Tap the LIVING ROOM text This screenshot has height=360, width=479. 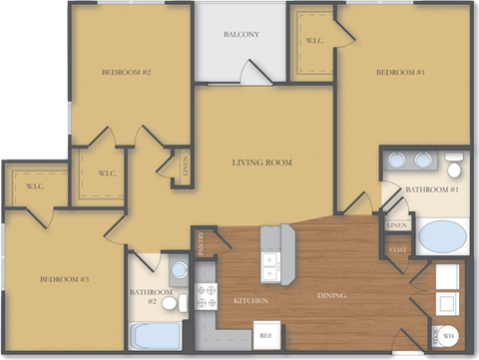(261, 163)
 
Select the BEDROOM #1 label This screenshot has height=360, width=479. (400, 72)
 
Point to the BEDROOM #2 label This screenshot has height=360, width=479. (126, 72)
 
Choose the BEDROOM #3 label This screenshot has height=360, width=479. (65, 279)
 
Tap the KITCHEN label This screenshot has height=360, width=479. (250, 300)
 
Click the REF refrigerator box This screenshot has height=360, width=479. (265, 336)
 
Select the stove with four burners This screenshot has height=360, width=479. (207, 296)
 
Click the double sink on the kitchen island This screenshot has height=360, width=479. (269, 264)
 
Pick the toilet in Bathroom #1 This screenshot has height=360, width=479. (455, 163)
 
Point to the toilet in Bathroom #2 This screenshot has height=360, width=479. (170, 301)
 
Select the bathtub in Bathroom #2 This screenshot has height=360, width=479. (154, 335)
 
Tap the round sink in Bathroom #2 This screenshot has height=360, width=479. (178, 269)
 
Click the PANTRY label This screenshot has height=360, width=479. (202, 243)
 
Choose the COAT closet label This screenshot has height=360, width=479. (397, 249)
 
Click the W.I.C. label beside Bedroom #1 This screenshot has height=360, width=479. (313, 41)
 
